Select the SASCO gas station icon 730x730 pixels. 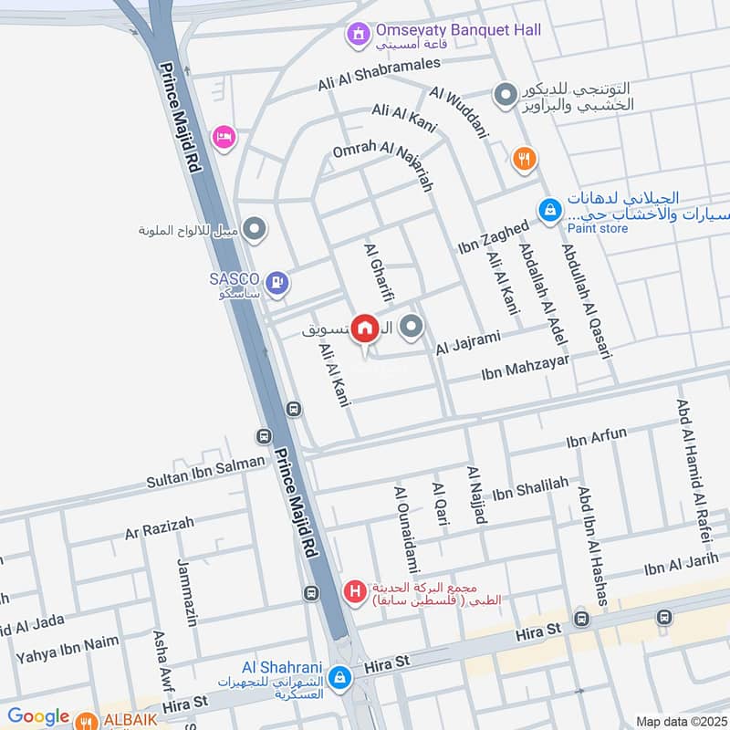pyautogui.click(x=278, y=284)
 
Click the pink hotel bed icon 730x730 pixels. pyautogui.click(x=224, y=138)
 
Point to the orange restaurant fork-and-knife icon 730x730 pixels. pyautogui.click(x=523, y=158)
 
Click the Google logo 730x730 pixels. pyautogui.click(x=38, y=717)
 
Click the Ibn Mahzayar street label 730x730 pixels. pyautogui.click(x=524, y=367)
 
